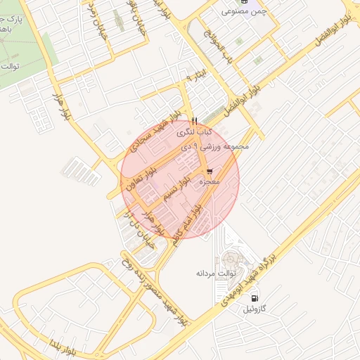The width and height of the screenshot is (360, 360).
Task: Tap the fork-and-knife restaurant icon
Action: tap(194, 120)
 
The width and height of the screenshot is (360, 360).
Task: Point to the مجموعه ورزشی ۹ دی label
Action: tap(216, 147)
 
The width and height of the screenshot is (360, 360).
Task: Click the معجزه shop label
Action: tap(210, 182)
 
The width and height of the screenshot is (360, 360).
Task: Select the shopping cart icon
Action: tap(210, 172)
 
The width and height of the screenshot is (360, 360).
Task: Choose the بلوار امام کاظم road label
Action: tap(185, 223)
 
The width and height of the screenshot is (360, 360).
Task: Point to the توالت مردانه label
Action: tap(214, 271)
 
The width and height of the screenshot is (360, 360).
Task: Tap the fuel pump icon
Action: tap(252, 298)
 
